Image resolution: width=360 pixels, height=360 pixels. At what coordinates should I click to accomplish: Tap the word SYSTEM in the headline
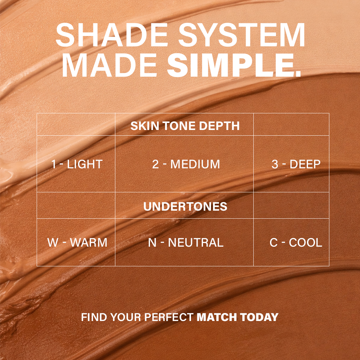click(241, 35)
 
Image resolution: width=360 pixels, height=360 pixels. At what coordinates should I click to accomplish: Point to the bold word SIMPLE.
click(233, 67)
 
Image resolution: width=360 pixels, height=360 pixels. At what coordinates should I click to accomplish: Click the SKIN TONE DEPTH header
click(185, 126)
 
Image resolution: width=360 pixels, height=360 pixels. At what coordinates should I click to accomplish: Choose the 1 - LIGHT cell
click(76, 164)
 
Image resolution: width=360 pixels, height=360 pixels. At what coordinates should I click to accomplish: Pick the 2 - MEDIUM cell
click(186, 164)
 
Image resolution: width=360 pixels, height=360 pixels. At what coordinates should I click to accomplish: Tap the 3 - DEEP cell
click(296, 164)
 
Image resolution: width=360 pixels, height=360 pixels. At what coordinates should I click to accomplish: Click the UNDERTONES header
click(185, 206)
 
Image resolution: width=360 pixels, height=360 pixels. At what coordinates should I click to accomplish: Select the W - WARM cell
click(77, 242)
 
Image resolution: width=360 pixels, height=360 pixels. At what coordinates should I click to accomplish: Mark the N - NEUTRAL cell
click(185, 242)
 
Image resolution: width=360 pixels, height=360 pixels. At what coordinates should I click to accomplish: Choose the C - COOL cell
click(296, 242)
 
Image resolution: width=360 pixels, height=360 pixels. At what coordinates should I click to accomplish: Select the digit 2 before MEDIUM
click(155, 164)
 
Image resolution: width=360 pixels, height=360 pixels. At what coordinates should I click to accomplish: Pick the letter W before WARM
click(53, 242)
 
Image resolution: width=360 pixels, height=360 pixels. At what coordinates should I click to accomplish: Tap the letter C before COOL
click(274, 242)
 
